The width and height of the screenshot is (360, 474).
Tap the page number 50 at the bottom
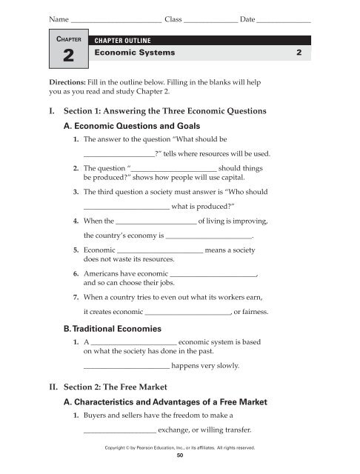tap(180, 456)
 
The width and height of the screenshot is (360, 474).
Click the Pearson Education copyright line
tap(181, 448)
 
